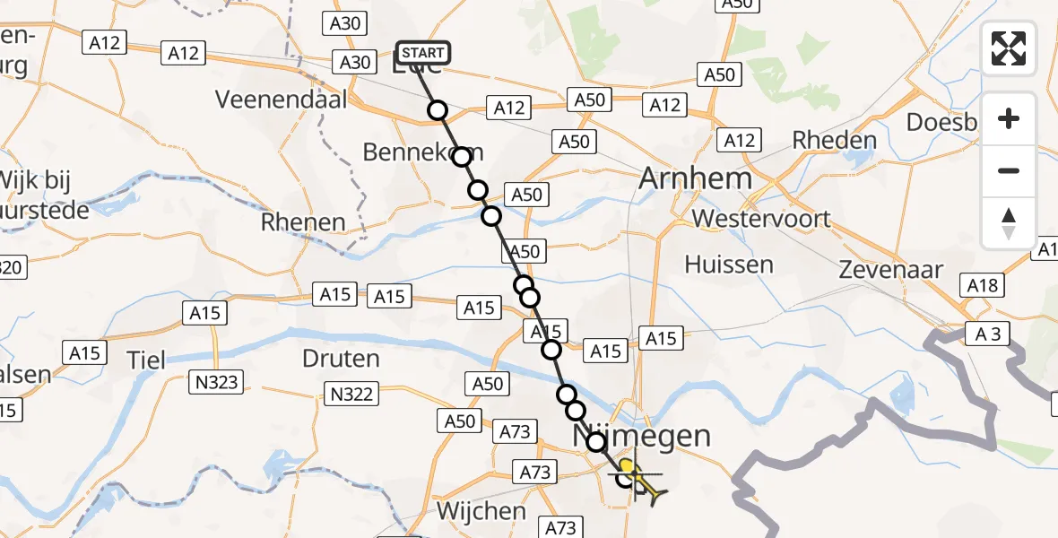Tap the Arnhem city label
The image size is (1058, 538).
tap(695, 178)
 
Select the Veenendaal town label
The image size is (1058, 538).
tap(281, 100)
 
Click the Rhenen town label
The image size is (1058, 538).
tap(303, 222)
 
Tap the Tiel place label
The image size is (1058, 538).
tap(146, 360)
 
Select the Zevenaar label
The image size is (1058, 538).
tap(891, 270)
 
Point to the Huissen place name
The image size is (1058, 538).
tap(728, 265)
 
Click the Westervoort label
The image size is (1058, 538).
tap(761, 219)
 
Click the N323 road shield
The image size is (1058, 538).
tap(215, 383)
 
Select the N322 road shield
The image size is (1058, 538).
tap(352, 393)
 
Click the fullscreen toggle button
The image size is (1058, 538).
tap(1009, 48)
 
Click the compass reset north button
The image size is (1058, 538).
tap(1009, 223)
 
